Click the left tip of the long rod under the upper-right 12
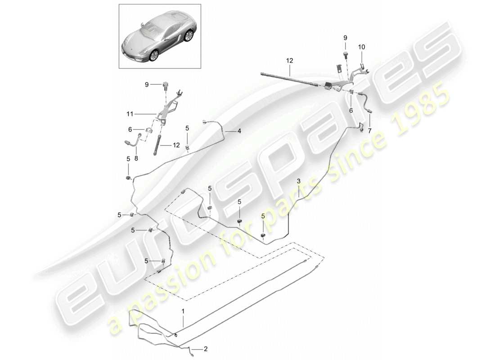pyautogui.click(x=261, y=74)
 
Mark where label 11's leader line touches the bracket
pyautogui.click(x=157, y=114)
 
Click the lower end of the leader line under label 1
pyautogui.click(x=183, y=326)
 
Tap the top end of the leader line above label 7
pyautogui.click(x=369, y=114)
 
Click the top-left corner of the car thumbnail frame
pyautogui.click(x=119, y=4)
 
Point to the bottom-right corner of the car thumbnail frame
pyautogui.click(x=201, y=68)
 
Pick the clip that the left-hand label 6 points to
pyautogui.click(x=149, y=130)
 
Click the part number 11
pyautogui.click(x=130, y=114)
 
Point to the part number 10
pyautogui.click(x=361, y=47)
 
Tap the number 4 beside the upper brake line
pyautogui.click(x=239, y=131)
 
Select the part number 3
pyautogui.click(x=298, y=181)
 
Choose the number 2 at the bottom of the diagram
pyautogui.click(x=206, y=349)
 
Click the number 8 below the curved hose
pyautogui.click(x=136, y=158)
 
